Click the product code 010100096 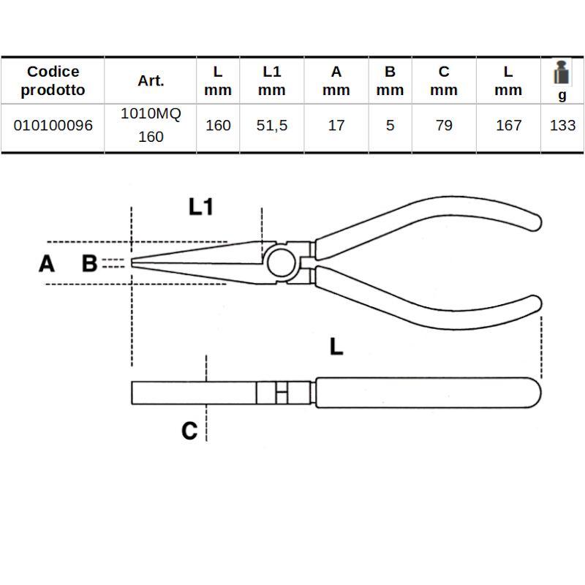(x=53, y=125)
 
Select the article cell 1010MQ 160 (x=151, y=125)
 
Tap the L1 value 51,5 (x=272, y=125)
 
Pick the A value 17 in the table (x=336, y=125)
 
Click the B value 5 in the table (x=390, y=125)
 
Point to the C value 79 (x=444, y=125)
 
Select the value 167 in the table (x=508, y=125)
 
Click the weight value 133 (x=562, y=125)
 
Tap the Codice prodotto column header (x=53, y=80)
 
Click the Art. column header (x=151, y=80)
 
